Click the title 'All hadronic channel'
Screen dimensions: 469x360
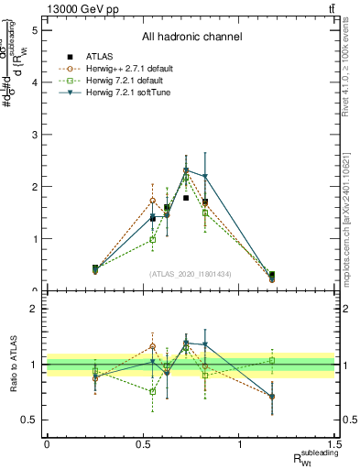[x=191, y=37]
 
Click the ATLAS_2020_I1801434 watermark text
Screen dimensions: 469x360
[x=191, y=274]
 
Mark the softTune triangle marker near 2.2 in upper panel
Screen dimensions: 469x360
[x=205, y=177]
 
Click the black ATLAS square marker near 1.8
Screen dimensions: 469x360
[x=186, y=198]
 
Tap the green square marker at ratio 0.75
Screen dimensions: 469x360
[x=153, y=391]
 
